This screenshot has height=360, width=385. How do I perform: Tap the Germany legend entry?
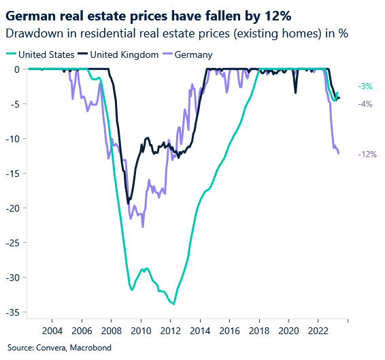[x=194, y=54]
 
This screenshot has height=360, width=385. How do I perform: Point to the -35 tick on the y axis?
[x=13, y=312]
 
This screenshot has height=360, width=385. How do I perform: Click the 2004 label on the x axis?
[x=52, y=331]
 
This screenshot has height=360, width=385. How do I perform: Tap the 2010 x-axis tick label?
[x=141, y=331]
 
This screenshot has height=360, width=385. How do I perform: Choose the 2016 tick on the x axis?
[x=229, y=331]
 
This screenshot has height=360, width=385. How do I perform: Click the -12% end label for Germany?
[x=367, y=154]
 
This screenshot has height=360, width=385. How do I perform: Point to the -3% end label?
[x=365, y=86]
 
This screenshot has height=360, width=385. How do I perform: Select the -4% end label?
[x=365, y=104]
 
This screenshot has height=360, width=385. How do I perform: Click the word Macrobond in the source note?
[x=86, y=348]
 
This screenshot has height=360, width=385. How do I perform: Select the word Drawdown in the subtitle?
[x=29, y=33]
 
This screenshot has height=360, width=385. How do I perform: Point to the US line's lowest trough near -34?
[x=174, y=304]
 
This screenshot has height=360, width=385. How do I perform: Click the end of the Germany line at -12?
[x=339, y=153]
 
